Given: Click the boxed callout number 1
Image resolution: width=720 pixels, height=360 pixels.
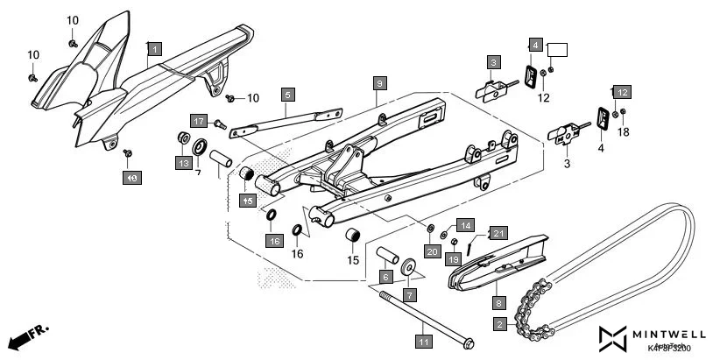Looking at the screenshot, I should [x=154, y=50].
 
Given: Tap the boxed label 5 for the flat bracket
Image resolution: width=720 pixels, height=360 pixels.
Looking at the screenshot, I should [x=287, y=94].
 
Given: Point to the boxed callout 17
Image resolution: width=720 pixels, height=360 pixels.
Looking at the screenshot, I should [x=199, y=122].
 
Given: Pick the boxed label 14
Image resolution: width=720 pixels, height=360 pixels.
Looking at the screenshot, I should [x=464, y=225].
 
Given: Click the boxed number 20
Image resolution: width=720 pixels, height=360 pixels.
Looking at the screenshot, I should [x=431, y=251].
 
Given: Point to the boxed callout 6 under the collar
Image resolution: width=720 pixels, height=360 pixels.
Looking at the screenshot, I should [x=385, y=277].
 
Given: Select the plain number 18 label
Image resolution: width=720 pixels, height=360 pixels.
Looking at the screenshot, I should [x=624, y=132].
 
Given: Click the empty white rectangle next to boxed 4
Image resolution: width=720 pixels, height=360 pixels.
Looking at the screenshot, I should [x=558, y=49].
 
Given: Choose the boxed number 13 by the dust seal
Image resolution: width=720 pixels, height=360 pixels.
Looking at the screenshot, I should [x=183, y=163].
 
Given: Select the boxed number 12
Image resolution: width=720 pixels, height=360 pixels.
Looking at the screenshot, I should [x=621, y=92].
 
